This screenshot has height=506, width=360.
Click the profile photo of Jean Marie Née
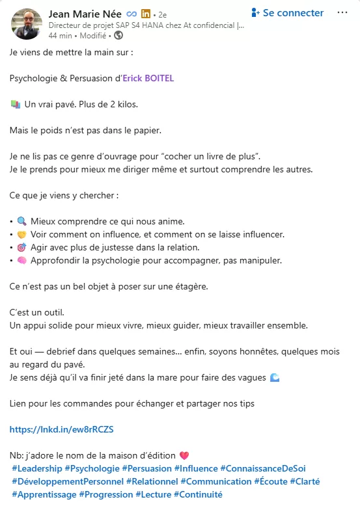click(27, 23)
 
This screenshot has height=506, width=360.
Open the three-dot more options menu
click(342, 13)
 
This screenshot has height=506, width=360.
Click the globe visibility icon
click(118, 35)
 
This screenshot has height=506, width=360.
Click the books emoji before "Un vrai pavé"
click(16, 105)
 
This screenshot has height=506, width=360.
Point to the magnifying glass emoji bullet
click(22, 221)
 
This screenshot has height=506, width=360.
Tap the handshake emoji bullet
click(22, 234)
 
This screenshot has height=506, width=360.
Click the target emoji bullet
click(22, 248)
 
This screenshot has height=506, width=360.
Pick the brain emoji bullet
click(22, 261)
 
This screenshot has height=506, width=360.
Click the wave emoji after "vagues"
click(274, 378)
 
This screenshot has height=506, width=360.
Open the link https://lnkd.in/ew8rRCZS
click(52, 429)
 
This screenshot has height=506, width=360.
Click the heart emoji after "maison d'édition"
click(184, 455)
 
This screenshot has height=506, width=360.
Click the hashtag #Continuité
click(198, 494)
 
